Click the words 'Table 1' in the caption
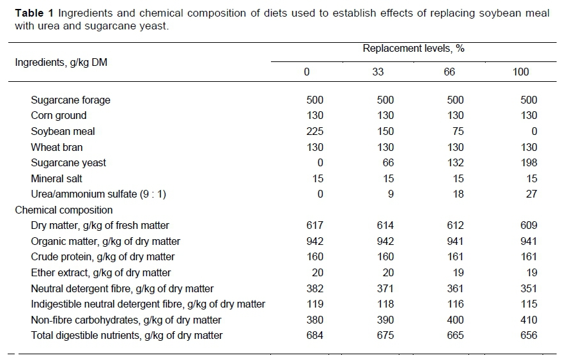coord(31,13)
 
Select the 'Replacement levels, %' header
coord(410,49)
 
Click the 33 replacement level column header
coord(378,72)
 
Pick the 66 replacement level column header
coord(449,72)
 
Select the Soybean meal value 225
coord(315,132)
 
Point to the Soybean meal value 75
coord(458,132)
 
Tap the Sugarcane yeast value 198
coord(528,163)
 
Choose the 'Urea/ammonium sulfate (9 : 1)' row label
coord(98,194)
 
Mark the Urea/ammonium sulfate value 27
coord(531,194)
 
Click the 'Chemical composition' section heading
coord(64,210)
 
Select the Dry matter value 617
coord(315,226)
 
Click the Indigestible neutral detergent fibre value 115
coord(528,304)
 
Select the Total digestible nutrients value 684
coord(315,336)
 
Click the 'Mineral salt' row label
coord(57,179)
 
